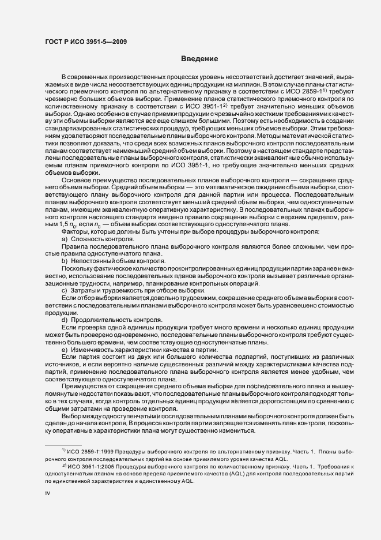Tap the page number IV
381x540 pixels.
[x=48, y=493]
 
